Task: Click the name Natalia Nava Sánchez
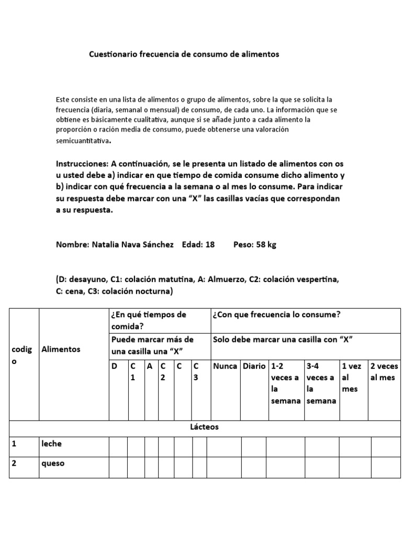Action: coord(132,245)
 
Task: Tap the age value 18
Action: coord(210,245)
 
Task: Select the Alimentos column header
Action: coord(61,349)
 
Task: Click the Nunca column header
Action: coord(224,366)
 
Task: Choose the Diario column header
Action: coord(254,366)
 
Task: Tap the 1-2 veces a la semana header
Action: coord(285,383)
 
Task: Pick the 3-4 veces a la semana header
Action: coord(321,383)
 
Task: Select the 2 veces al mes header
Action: coord(384,372)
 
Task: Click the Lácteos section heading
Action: coord(204,427)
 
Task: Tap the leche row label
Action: coord(51,444)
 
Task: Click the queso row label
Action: coord(53,464)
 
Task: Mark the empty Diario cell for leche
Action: coord(253,447)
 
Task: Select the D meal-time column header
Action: coord(115,366)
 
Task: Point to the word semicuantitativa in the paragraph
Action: coord(83,141)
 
